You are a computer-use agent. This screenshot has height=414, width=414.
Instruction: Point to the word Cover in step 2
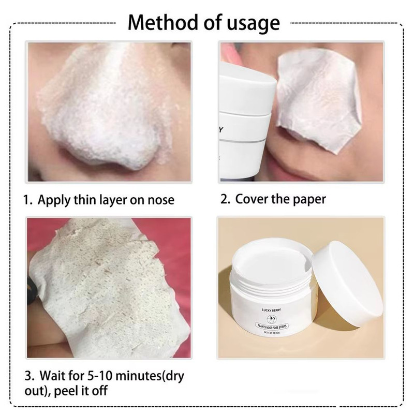(254, 199)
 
